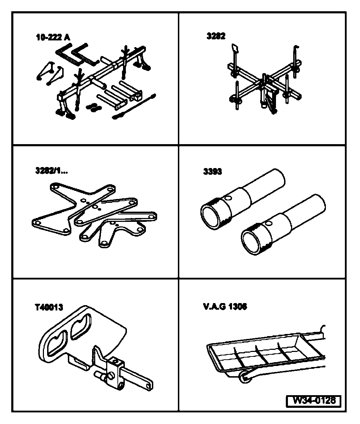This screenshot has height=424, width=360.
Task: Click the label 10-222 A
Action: tap(53, 37)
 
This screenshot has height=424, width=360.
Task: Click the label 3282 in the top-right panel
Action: tap(216, 36)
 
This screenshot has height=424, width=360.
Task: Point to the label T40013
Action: tap(49, 308)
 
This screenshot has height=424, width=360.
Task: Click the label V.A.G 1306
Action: tap(225, 307)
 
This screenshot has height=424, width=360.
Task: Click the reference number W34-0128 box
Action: tap(314, 400)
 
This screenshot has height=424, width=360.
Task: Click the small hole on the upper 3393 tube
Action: tap(229, 199)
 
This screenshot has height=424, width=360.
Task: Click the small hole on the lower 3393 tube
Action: tap(270, 223)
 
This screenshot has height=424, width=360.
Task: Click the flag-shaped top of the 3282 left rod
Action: tap(234, 47)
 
